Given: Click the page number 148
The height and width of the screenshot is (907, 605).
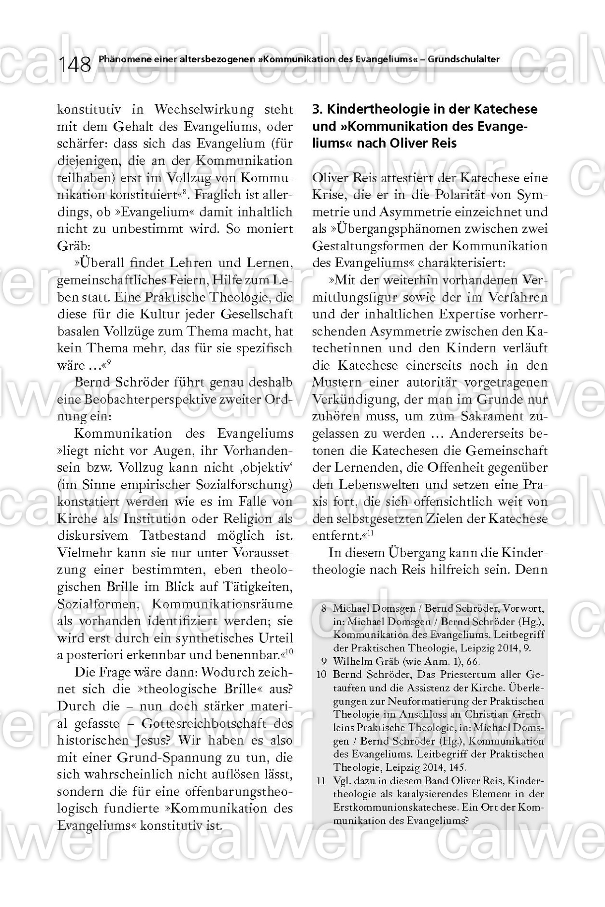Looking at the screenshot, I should pos(75,64).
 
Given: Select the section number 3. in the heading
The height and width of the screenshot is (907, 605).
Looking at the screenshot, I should pos(317,109).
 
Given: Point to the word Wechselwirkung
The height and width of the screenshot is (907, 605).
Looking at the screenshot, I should pos(204,109).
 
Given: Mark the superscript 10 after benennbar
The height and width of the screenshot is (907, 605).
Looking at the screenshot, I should pos(289,652).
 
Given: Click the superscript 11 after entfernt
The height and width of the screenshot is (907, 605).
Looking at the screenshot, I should pos(371,533).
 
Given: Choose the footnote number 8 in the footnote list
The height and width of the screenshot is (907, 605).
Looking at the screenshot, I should pos(323,608).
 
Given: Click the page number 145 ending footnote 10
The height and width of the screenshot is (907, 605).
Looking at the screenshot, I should pos(457,767).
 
